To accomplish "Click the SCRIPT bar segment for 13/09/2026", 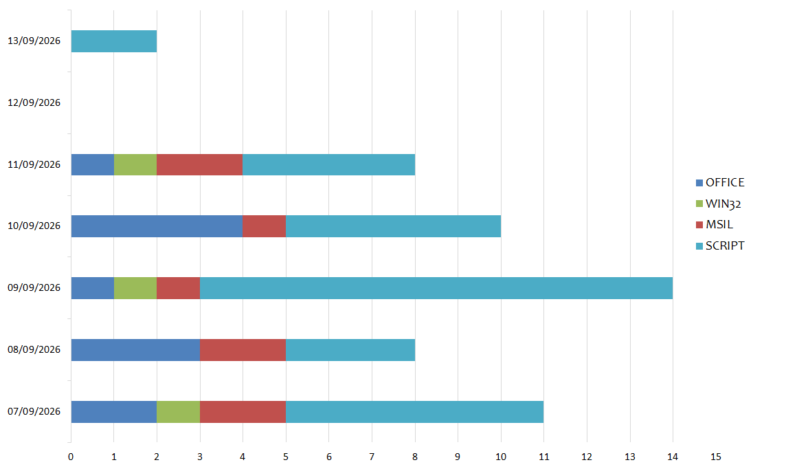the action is coord(114,41).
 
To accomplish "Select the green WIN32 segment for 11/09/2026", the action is coord(135,165).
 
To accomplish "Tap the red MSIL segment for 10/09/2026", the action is coord(265,226).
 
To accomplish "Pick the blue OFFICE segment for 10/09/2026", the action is coord(157,226).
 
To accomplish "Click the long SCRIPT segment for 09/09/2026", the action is coord(436,288).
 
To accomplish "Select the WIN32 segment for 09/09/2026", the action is coord(135,288).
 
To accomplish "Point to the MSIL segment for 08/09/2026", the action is coord(243,350).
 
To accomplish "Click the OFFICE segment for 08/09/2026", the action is coord(135,350).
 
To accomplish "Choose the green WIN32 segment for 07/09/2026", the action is coord(178,412).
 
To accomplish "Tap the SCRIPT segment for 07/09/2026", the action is coord(415,412).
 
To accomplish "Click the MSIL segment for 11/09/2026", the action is coord(200,165).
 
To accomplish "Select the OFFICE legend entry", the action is coord(720,183).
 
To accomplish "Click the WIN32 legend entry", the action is coord(718,204).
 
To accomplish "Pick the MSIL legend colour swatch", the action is coord(699,225).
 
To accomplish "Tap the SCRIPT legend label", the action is coord(725,246).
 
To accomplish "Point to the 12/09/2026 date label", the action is coord(34,102).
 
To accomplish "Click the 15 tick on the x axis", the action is coord(716,457).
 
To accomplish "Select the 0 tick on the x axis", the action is coord(71,457).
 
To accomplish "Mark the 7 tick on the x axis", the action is coord(372,457).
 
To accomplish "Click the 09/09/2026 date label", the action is coord(34,288).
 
